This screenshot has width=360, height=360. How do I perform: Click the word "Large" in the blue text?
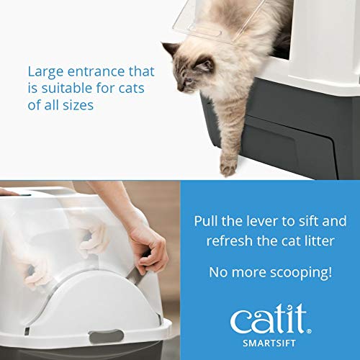point(45,72)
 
